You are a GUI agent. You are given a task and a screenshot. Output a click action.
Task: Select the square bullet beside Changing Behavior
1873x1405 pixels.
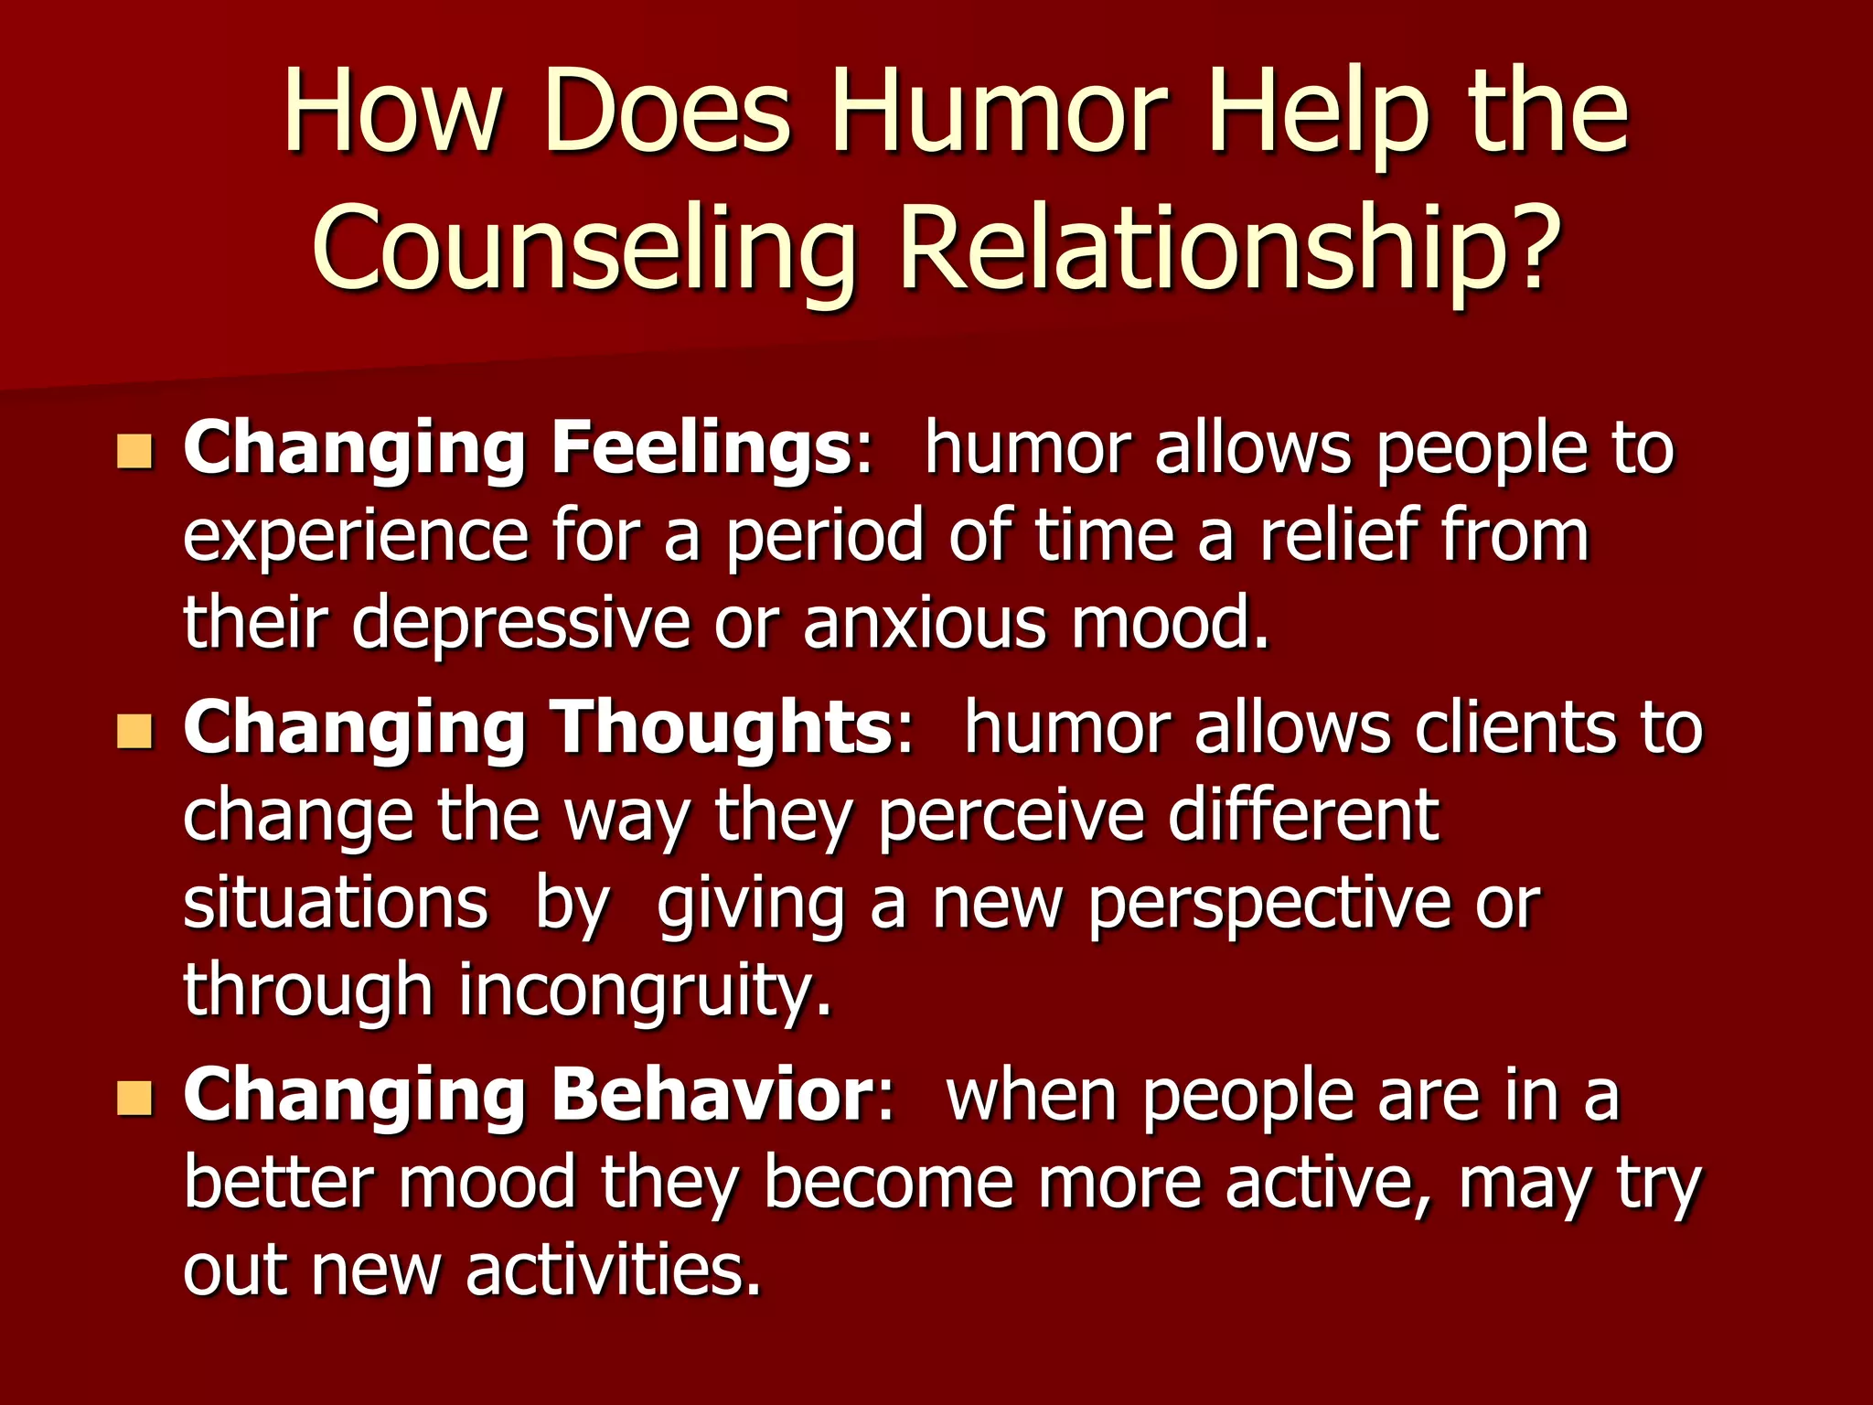tap(134, 1098)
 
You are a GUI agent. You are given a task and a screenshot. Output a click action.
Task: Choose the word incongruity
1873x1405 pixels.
tap(646, 991)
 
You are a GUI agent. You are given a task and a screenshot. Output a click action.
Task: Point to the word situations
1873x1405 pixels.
tap(336, 904)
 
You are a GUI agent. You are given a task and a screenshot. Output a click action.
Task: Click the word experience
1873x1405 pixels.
tap(356, 538)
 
